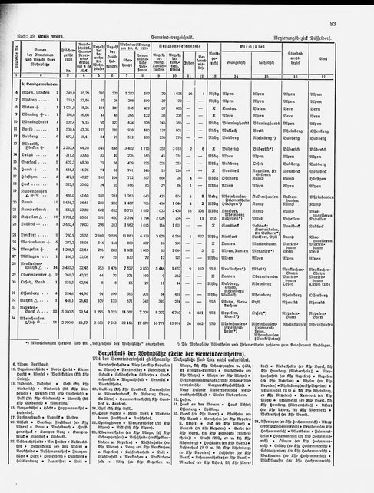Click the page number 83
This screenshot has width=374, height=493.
point(356,7)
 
